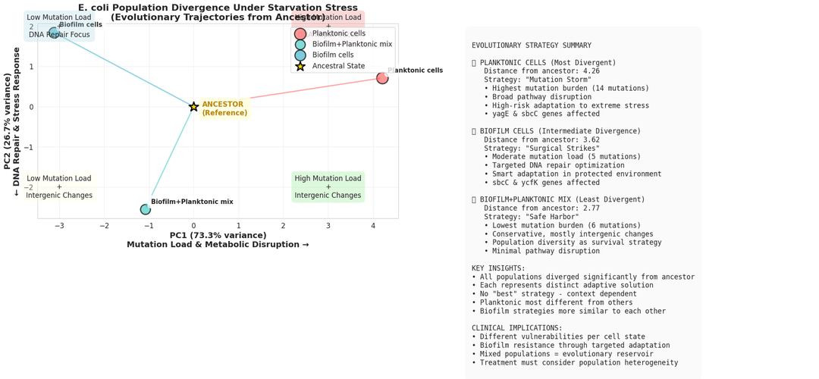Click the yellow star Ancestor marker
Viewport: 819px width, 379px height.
(x=194, y=107)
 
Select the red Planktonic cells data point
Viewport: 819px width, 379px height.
(x=382, y=77)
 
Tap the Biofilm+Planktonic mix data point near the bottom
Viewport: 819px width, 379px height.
(x=146, y=209)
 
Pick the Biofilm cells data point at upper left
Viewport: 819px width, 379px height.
(x=54, y=33)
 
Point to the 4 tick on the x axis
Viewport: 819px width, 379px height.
(x=373, y=226)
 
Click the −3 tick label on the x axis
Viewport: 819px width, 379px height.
(x=59, y=226)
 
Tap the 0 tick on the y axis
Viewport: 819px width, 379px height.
(x=30, y=107)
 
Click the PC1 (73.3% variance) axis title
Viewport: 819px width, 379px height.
(x=218, y=236)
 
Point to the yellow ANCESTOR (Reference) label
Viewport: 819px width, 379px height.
(x=223, y=108)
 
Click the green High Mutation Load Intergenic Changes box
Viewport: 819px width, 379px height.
(x=328, y=187)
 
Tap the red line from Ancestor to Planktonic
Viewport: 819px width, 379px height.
(x=288, y=92)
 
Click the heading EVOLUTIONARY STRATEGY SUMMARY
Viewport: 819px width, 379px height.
(x=531, y=45)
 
